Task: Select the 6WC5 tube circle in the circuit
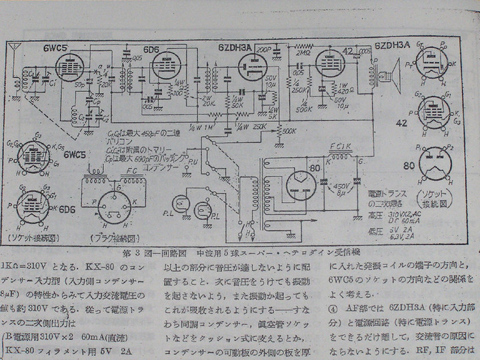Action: click(x=68, y=69)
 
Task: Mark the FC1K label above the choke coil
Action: click(x=341, y=147)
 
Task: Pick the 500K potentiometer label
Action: click(x=288, y=130)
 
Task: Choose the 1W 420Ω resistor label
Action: click(x=345, y=89)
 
